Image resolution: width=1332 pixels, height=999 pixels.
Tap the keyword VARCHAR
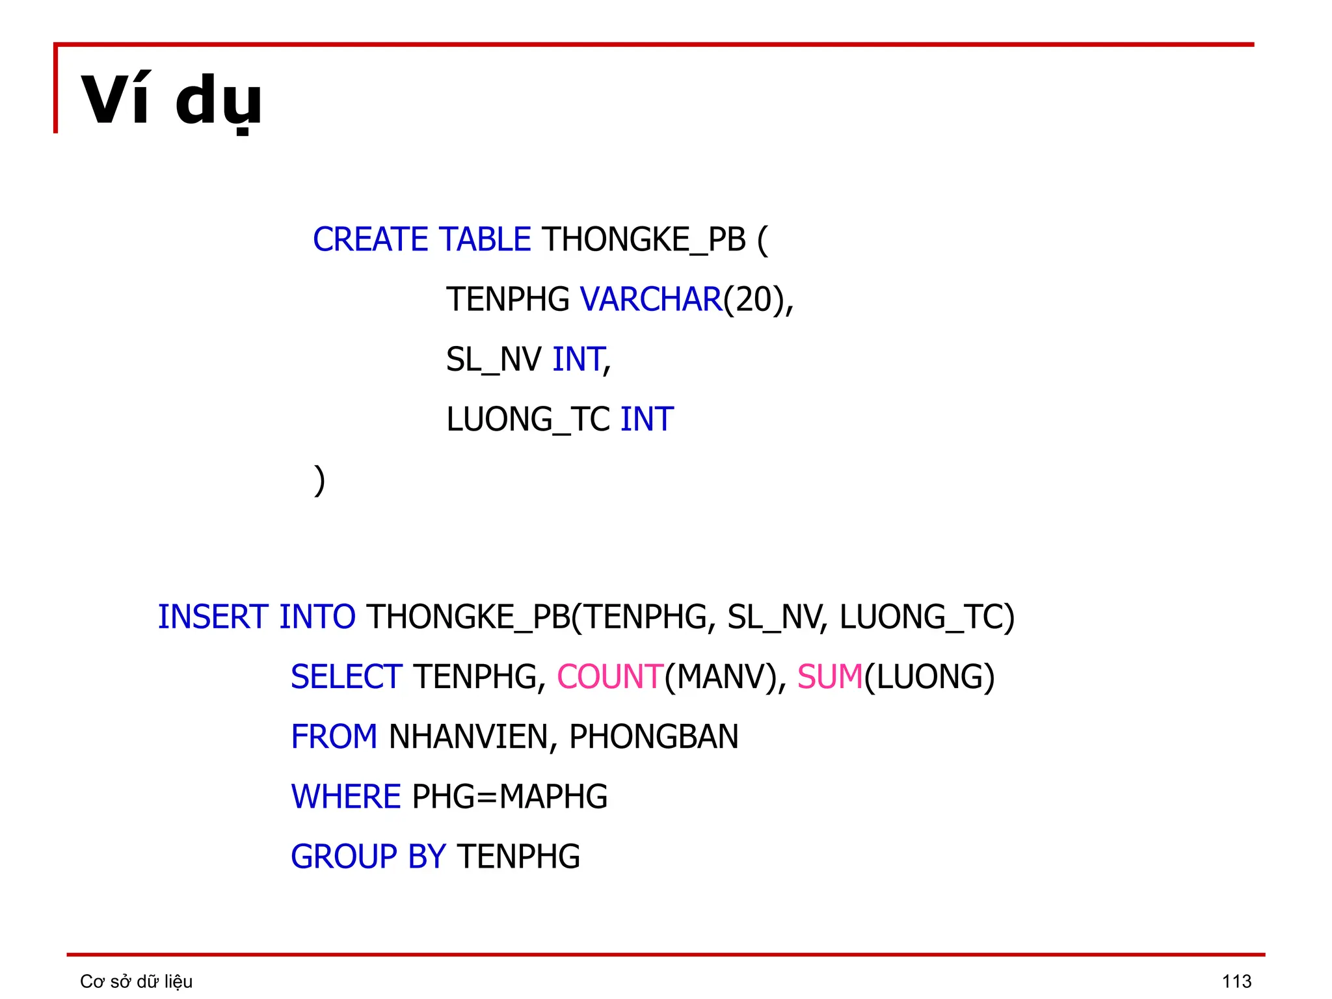tap(650, 300)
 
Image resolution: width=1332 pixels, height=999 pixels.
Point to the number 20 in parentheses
tap(753, 300)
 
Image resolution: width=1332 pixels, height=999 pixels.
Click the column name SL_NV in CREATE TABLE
tap(494, 360)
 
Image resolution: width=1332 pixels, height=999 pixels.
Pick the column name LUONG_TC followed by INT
tap(528, 420)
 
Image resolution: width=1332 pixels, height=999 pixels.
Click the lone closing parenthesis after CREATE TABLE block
tap(319, 480)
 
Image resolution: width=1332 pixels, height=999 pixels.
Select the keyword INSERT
tap(213, 617)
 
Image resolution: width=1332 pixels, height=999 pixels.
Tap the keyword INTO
tap(317, 617)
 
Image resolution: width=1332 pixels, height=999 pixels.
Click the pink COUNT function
tap(609, 677)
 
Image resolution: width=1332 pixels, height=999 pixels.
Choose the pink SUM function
tap(830, 677)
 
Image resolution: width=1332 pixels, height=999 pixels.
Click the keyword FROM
tap(334, 737)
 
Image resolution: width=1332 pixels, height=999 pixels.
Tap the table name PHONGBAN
tap(654, 737)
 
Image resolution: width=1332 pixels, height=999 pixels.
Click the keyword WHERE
tap(346, 797)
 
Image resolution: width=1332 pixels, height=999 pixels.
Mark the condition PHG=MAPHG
tap(510, 797)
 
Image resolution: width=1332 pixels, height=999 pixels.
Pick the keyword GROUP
tap(343, 857)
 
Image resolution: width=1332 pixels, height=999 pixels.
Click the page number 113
tap(1236, 981)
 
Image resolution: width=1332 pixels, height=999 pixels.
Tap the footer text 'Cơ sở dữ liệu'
tap(136, 981)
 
